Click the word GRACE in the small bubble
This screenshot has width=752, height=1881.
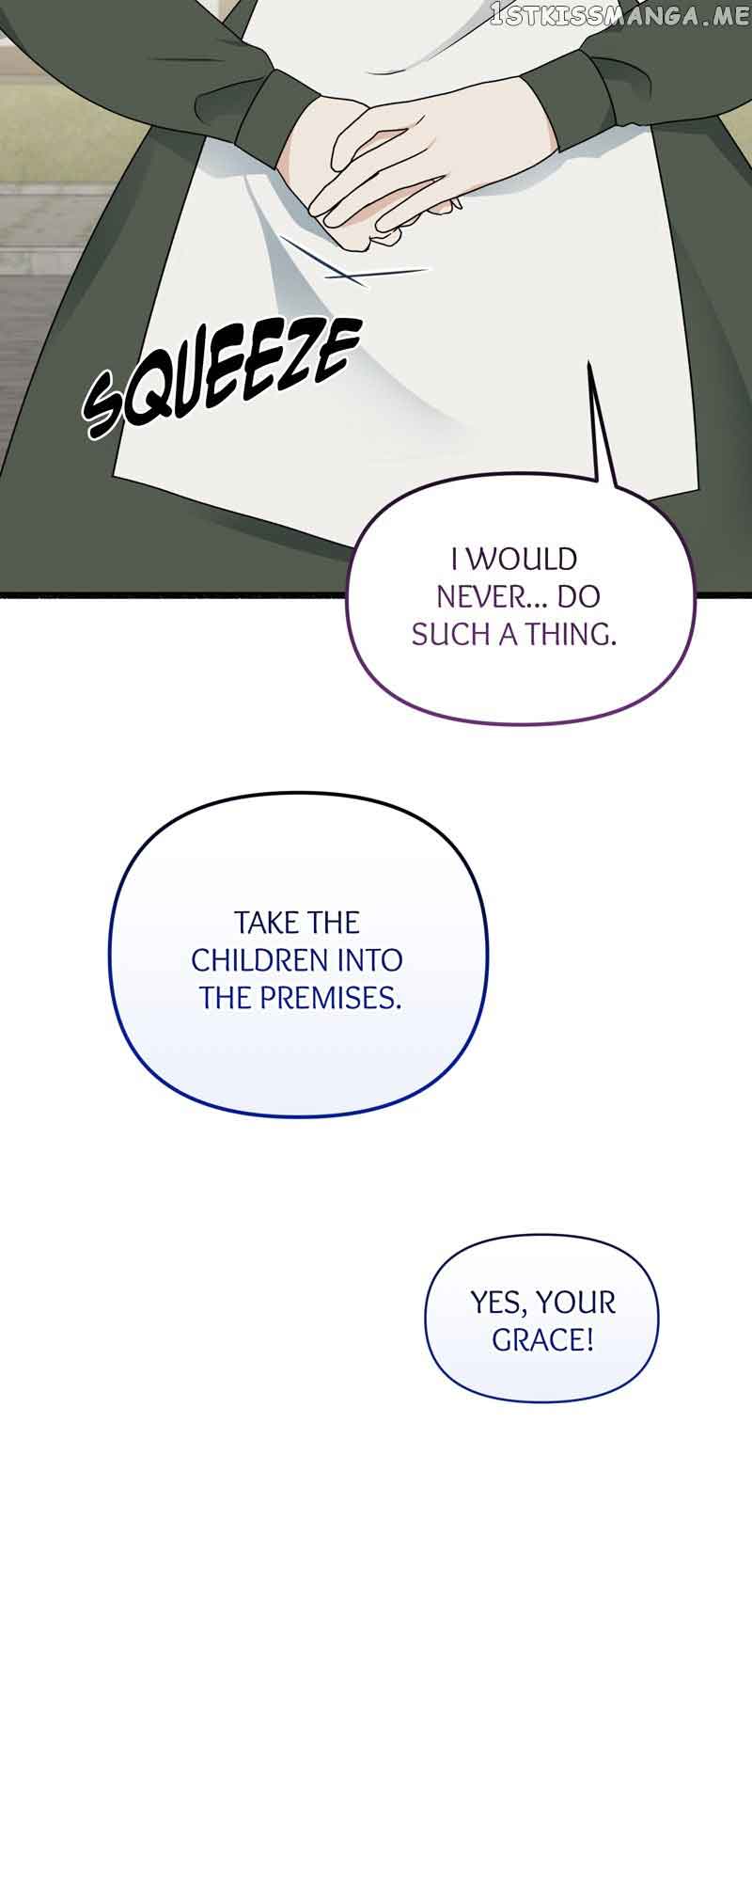click(x=541, y=1340)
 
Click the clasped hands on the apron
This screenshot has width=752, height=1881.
click(x=385, y=179)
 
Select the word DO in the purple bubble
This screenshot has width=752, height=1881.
click(x=578, y=597)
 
